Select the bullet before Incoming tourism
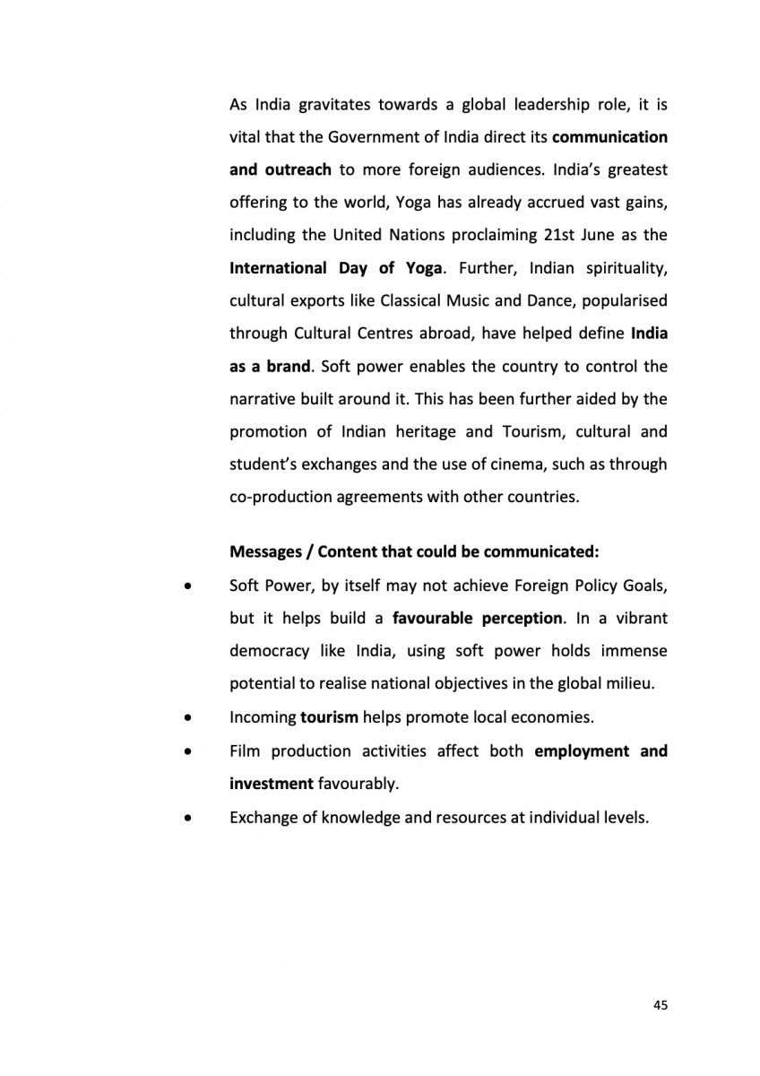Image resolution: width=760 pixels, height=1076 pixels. point(186,717)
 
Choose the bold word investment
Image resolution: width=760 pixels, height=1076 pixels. point(269,783)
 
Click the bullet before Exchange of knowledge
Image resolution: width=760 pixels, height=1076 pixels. point(186,818)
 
